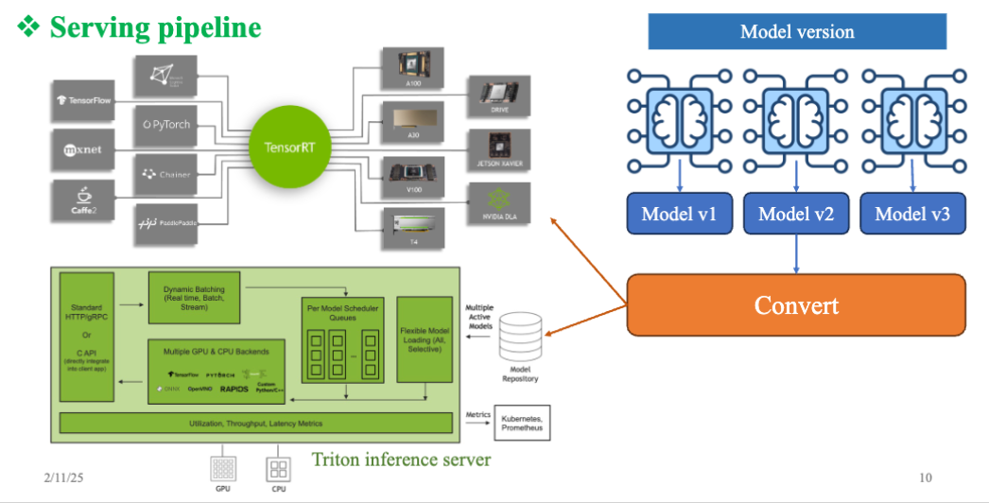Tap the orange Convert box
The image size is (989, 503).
pyautogui.click(x=796, y=304)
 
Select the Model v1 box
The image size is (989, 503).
pyautogui.click(x=679, y=214)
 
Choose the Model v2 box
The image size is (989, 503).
pyautogui.click(x=796, y=214)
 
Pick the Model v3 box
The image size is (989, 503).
pyautogui.click(x=912, y=214)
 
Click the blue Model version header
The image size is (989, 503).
pyautogui.click(x=796, y=31)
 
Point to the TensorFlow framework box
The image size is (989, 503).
pyautogui.click(x=85, y=99)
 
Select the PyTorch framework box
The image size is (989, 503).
pyautogui.click(x=166, y=124)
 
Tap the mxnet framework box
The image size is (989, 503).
pyautogui.click(x=85, y=149)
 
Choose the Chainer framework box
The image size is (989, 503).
pyautogui.click(x=166, y=174)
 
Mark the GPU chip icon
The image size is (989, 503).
pyautogui.click(x=224, y=469)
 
